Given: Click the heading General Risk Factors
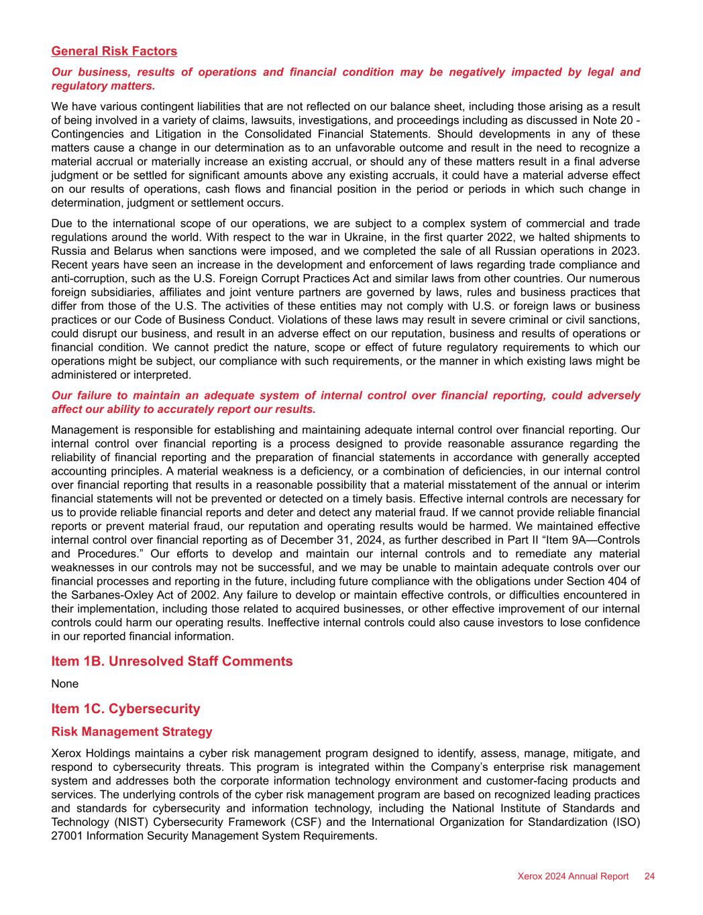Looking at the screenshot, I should tap(114, 52).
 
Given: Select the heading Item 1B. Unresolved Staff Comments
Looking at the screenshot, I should tap(172, 661).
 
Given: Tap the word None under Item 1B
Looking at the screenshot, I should tap(64, 684).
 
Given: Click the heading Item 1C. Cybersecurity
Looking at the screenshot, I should tap(125, 709).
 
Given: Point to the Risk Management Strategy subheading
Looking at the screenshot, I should tap(131, 731).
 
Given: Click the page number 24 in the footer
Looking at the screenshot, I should tap(649, 876).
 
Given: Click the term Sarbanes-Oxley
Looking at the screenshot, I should tap(106, 595).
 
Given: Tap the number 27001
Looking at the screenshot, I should tap(66, 836).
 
